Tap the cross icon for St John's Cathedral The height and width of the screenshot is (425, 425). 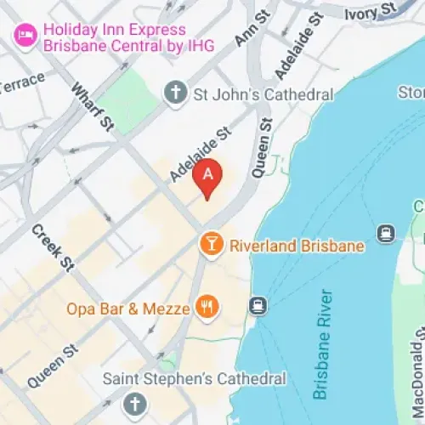[174, 93]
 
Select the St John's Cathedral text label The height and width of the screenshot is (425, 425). [263, 94]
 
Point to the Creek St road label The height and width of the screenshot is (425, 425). [53, 247]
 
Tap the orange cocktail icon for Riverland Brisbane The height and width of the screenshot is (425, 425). [209, 245]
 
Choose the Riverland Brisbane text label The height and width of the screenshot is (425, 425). [297, 246]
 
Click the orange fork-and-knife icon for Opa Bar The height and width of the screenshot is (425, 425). [206, 307]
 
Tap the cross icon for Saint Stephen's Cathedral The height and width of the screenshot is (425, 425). [133, 405]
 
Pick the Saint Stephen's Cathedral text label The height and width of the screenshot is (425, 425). [195, 379]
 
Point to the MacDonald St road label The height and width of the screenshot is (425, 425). [416, 373]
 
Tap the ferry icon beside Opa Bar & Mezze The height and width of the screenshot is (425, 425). [257, 304]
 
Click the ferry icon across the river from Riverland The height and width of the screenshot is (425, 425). [386, 232]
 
